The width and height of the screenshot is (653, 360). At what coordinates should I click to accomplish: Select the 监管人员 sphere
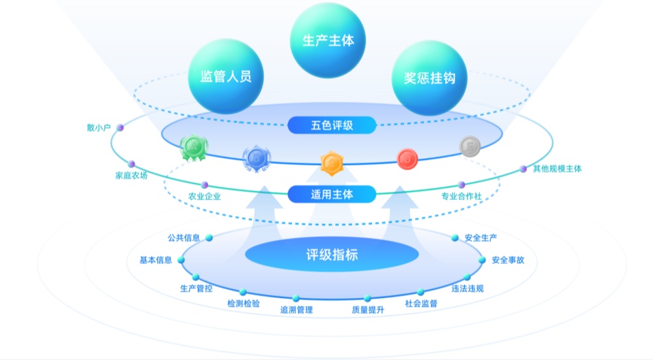[225, 76]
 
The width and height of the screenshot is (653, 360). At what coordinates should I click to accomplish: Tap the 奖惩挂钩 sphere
[430, 77]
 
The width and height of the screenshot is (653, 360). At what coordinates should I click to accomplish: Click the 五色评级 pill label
[332, 125]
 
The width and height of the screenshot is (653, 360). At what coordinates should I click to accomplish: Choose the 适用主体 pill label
[332, 194]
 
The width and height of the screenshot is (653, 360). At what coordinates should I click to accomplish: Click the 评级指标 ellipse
[332, 254]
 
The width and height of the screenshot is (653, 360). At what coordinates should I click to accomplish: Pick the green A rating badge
[194, 148]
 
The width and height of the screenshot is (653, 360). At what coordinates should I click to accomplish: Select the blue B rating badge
[257, 157]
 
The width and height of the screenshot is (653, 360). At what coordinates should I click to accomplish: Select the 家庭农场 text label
[131, 176]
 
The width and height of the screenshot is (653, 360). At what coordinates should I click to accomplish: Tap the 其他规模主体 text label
[557, 169]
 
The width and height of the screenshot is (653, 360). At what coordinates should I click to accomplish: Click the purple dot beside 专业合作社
[462, 185]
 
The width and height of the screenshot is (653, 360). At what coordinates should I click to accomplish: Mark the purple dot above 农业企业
[204, 185]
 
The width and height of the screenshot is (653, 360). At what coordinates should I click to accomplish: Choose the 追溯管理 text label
[296, 310]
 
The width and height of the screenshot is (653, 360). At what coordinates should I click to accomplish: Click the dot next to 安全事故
[483, 259]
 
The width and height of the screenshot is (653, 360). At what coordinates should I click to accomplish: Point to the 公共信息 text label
[183, 238]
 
